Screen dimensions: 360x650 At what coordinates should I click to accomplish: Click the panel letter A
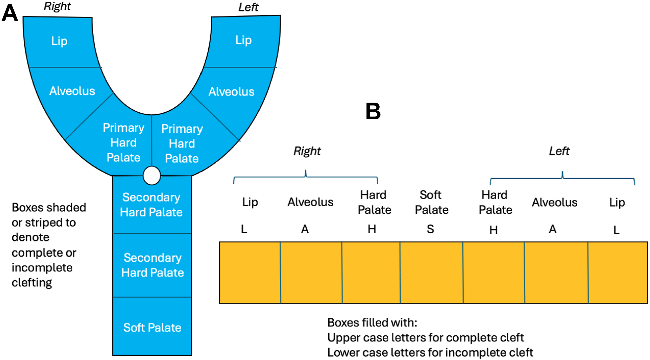[x=10, y=13]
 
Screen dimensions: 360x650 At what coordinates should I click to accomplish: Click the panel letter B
[x=373, y=111]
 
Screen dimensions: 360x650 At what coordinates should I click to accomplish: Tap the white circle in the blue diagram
[x=152, y=176]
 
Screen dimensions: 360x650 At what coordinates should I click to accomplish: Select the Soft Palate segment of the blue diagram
[x=152, y=327]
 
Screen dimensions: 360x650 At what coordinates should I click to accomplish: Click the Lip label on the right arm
[x=59, y=41]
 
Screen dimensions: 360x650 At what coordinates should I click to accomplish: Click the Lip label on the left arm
[x=243, y=40]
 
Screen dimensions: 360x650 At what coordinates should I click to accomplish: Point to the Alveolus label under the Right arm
[x=72, y=91]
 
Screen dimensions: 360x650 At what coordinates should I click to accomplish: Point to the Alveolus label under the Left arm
[x=231, y=92]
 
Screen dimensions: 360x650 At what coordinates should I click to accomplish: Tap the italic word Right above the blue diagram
[x=57, y=6]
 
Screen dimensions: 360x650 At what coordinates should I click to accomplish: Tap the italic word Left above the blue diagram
[x=248, y=7]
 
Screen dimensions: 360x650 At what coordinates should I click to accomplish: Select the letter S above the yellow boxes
[x=430, y=229]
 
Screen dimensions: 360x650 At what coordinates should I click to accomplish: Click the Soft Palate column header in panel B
[x=431, y=202]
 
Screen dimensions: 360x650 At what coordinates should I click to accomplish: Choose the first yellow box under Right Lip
[x=250, y=273]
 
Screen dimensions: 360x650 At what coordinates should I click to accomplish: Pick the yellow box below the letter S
[x=431, y=273]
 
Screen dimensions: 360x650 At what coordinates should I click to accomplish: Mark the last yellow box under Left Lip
[x=618, y=273]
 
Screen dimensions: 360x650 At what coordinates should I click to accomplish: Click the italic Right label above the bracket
[x=307, y=151]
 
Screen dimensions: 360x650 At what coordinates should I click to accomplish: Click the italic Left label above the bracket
[x=559, y=151]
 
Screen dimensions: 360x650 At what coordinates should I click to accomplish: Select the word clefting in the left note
[x=32, y=283]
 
